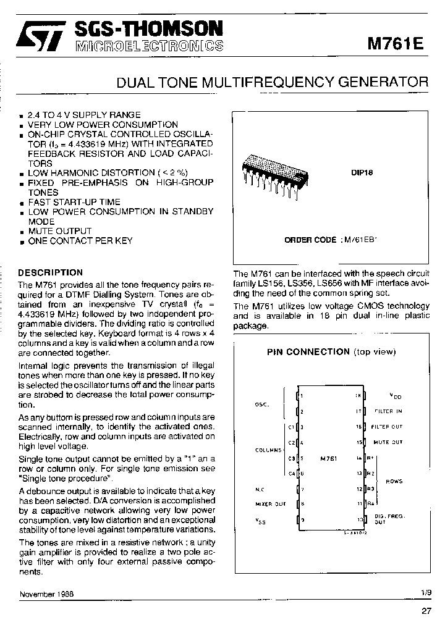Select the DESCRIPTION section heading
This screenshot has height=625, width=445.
50,272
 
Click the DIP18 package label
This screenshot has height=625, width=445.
362,173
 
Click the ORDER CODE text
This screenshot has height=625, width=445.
310,240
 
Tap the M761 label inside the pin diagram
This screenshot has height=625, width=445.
329,459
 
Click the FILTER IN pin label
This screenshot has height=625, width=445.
388,411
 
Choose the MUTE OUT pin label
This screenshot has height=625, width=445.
388,442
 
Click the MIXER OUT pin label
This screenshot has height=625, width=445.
270,504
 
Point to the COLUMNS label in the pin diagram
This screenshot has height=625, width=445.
268,450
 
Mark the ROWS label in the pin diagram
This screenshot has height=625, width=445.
394,480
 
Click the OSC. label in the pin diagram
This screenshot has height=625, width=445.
262,405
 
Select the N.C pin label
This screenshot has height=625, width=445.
260,489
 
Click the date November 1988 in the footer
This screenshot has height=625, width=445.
46,594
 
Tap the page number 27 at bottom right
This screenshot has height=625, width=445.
426,611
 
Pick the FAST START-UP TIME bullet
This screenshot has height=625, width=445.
74,202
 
